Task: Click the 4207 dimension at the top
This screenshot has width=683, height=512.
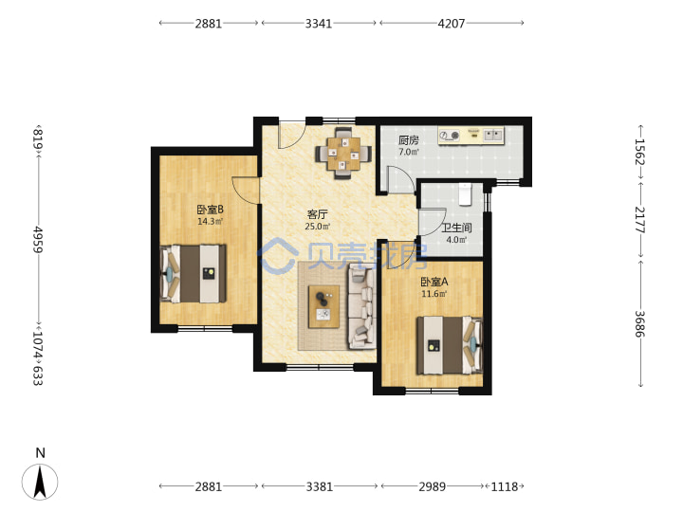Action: tap(452, 24)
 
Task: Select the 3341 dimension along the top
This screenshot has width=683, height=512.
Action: tap(319, 24)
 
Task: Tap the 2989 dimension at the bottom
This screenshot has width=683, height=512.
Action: tap(433, 486)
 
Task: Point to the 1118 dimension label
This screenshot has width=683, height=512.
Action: tap(505, 486)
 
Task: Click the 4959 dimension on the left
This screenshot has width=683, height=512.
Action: tap(37, 240)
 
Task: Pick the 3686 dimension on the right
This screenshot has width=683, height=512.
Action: tap(639, 324)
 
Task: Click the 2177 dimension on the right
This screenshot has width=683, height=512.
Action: tap(639, 220)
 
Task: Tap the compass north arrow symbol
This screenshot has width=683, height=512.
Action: tap(40, 482)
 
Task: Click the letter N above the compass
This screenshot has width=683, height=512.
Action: tap(40, 453)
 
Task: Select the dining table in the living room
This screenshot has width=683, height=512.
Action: tap(343, 154)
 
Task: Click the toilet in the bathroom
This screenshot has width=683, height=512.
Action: tap(465, 194)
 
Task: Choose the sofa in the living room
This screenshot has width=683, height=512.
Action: tap(361, 308)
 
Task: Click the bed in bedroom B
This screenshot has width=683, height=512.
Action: tap(193, 274)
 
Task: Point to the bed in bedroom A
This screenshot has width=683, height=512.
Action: tap(450, 345)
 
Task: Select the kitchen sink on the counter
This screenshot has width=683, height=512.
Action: tap(493, 135)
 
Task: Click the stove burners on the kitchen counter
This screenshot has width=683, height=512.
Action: tap(450, 136)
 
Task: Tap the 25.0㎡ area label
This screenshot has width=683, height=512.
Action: tap(318, 227)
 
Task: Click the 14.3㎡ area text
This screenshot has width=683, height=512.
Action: tap(211, 222)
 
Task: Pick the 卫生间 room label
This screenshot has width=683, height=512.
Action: tap(456, 228)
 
